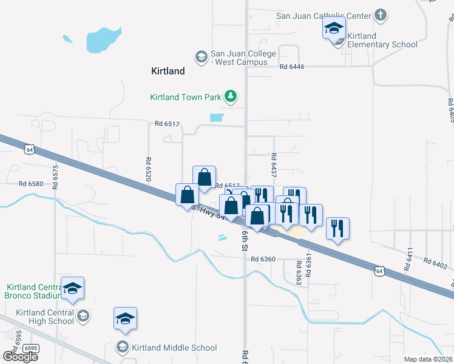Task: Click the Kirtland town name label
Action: (168, 71)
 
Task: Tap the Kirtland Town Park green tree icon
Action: (230, 96)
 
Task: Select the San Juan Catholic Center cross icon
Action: (380, 15)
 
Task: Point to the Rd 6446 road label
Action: (292, 67)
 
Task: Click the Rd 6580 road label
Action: (31, 184)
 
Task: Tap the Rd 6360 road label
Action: (263, 259)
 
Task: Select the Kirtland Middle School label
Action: (174, 348)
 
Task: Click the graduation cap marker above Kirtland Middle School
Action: (126, 318)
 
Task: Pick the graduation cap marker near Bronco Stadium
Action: (73, 288)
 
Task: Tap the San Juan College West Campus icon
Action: (200, 58)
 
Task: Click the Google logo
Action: (20, 356)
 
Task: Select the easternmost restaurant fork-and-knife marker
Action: (337, 229)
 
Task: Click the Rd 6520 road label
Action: (148, 169)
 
